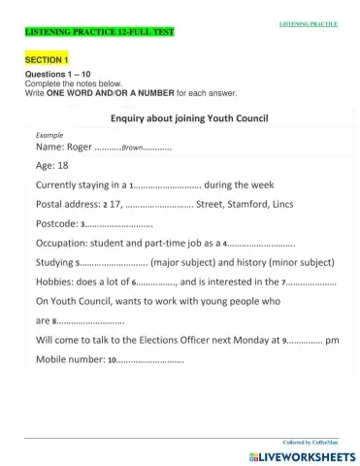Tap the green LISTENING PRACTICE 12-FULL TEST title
click(x=84, y=33)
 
